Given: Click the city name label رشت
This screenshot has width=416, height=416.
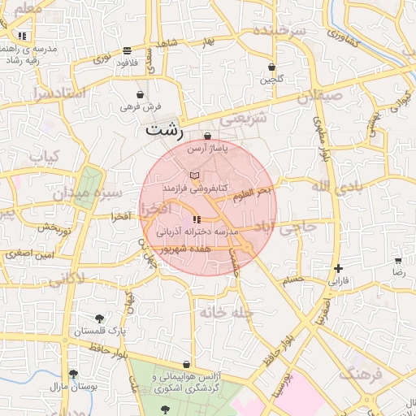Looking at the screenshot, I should (x=165, y=129).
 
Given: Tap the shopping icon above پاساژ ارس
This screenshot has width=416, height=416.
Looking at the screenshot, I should (x=209, y=136).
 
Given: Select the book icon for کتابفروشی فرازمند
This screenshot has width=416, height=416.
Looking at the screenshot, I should (x=193, y=175).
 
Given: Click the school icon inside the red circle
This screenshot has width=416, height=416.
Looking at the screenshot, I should (x=196, y=219).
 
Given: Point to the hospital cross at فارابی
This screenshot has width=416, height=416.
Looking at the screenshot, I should (x=338, y=268).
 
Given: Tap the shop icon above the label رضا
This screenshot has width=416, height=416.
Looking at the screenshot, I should (x=398, y=262).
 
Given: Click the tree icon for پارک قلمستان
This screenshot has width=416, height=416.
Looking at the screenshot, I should (x=100, y=318).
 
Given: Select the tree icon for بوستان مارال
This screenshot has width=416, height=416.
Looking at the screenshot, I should (x=74, y=374).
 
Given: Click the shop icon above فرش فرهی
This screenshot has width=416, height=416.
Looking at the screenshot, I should (x=141, y=94).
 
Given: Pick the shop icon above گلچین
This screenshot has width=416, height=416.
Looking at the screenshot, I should (x=271, y=67).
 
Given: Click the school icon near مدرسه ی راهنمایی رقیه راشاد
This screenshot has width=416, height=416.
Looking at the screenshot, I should (x=23, y=36).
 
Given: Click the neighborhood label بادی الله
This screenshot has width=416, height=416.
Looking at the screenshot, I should (x=334, y=188).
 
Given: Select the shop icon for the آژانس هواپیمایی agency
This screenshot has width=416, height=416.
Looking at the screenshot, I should (x=188, y=365).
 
